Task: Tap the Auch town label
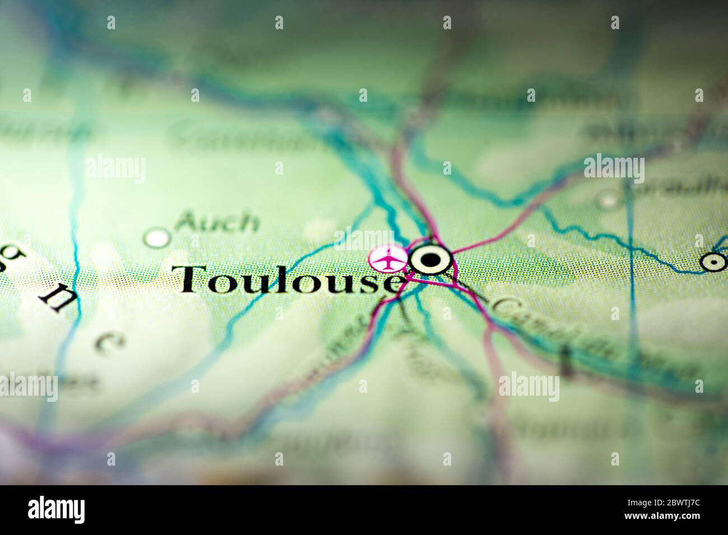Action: pyautogui.click(x=217, y=222)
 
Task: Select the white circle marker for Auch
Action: pyautogui.click(x=157, y=238)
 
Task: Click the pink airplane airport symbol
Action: pyautogui.click(x=388, y=259)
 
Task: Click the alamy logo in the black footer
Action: pyautogui.click(x=57, y=510)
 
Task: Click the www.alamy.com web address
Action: pyautogui.click(x=674, y=519)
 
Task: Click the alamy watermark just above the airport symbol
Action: pyautogui.click(x=365, y=241)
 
